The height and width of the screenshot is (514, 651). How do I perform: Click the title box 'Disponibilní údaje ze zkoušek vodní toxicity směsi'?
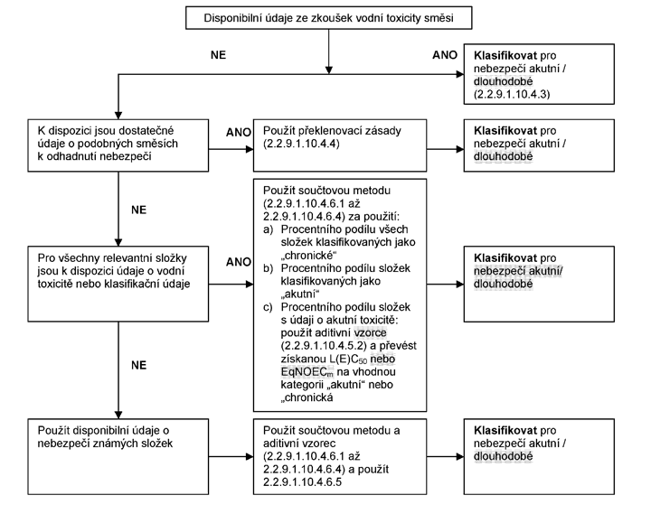(328, 18)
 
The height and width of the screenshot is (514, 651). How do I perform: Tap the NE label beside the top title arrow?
(219, 55)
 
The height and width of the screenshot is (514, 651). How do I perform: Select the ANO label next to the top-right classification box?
(445, 55)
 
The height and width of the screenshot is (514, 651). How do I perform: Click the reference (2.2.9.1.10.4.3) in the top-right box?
(512, 94)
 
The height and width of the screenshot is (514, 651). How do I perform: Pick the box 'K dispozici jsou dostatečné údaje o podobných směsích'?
(118, 145)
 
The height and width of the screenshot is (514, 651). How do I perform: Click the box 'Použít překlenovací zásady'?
(340, 145)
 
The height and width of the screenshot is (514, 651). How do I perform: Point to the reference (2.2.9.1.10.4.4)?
(301, 144)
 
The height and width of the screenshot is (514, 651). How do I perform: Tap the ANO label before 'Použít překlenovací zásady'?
(239, 132)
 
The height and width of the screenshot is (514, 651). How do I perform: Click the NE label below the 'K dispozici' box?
(138, 210)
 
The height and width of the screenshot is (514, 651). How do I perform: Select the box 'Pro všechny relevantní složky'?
(118, 284)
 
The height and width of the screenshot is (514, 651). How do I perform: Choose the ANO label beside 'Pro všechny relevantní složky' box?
(239, 262)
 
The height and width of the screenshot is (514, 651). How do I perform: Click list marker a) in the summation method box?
(269, 229)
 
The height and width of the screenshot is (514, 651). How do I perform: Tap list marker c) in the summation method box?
(269, 307)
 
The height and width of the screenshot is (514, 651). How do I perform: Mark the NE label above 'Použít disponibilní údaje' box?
(138, 365)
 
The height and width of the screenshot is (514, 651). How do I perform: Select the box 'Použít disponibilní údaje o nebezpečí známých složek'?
(118, 456)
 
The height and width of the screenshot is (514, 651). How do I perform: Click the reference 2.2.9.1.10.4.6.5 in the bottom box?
(302, 482)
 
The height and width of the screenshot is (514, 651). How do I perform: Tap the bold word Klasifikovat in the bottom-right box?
(505, 430)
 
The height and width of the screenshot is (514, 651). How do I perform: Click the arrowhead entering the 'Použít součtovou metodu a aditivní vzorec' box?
(250, 457)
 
